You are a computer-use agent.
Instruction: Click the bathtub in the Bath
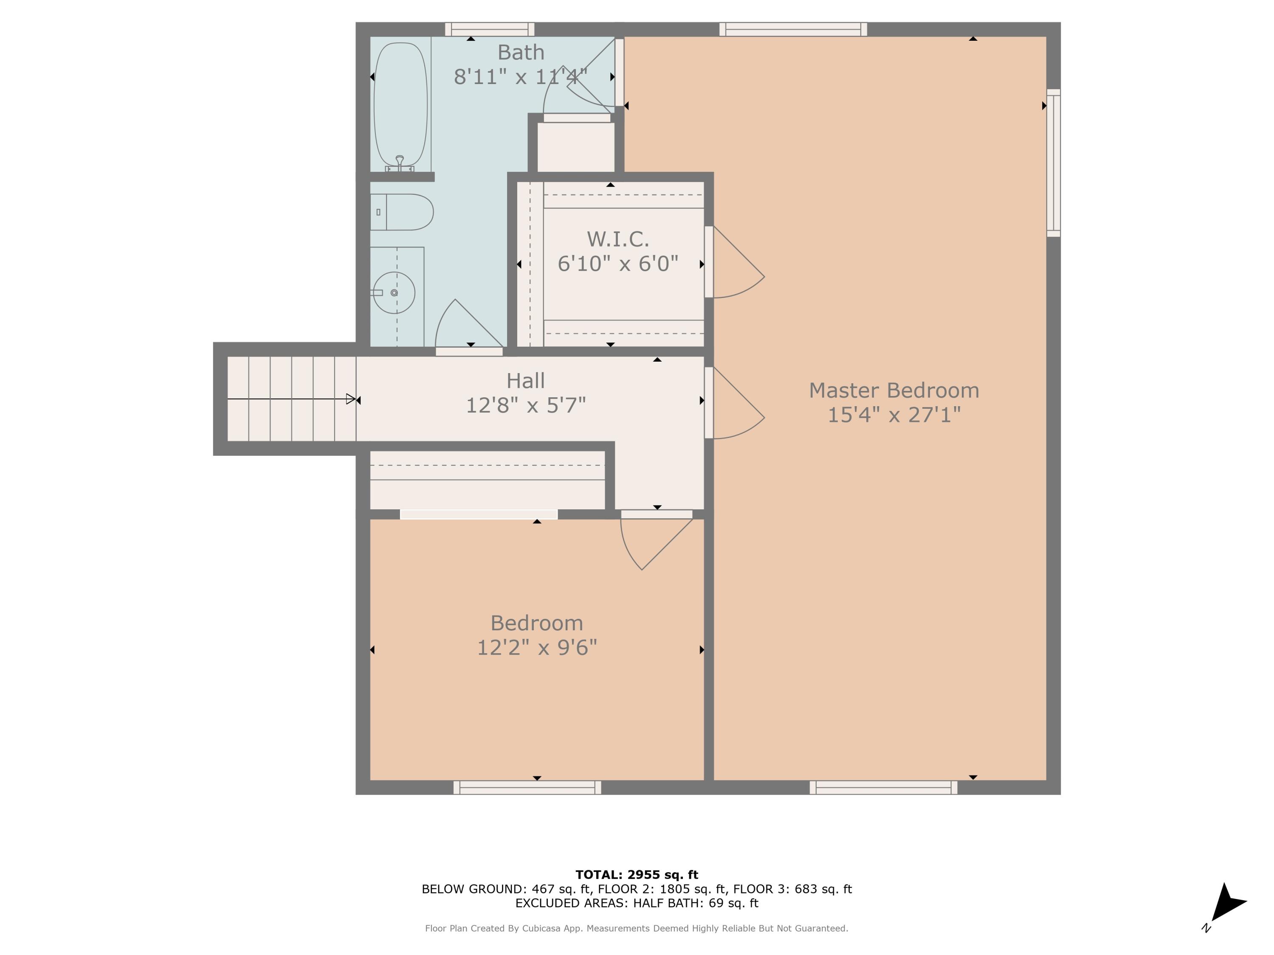401,104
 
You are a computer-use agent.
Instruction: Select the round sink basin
394,293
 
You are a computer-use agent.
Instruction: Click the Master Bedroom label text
894,390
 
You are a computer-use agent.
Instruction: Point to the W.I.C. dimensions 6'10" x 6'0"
617,264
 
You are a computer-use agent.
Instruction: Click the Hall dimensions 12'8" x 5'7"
525,405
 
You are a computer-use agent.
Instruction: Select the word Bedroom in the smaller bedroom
536,623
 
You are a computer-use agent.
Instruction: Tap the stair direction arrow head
351,399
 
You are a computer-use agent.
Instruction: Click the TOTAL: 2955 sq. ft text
637,874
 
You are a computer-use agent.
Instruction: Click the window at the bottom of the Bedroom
527,787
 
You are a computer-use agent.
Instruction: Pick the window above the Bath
490,29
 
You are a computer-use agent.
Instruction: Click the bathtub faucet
400,162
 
